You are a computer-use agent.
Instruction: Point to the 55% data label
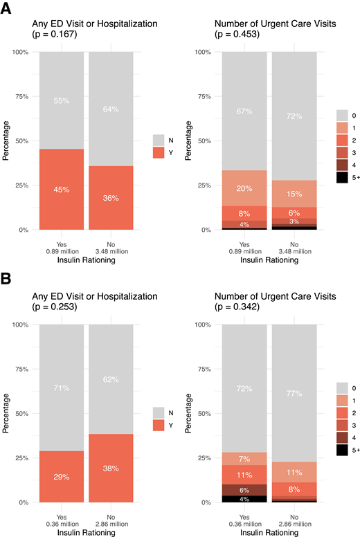[x=62, y=100]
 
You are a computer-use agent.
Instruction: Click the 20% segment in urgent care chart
[x=244, y=188]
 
